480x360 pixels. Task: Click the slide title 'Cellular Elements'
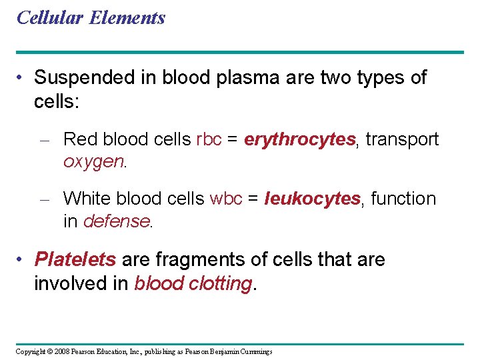tap(91, 18)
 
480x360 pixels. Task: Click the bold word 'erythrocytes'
tap(299, 139)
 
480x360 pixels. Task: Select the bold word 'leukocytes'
tap(313, 199)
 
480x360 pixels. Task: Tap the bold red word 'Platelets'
tap(75, 259)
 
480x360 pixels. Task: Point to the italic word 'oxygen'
tap(93, 162)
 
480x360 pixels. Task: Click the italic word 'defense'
tap(117, 221)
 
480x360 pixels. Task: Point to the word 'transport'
tap(402, 139)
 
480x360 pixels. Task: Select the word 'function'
tap(403, 199)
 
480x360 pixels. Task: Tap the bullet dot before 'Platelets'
tap(22, 259)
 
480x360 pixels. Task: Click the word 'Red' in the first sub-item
tap(79, 139)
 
